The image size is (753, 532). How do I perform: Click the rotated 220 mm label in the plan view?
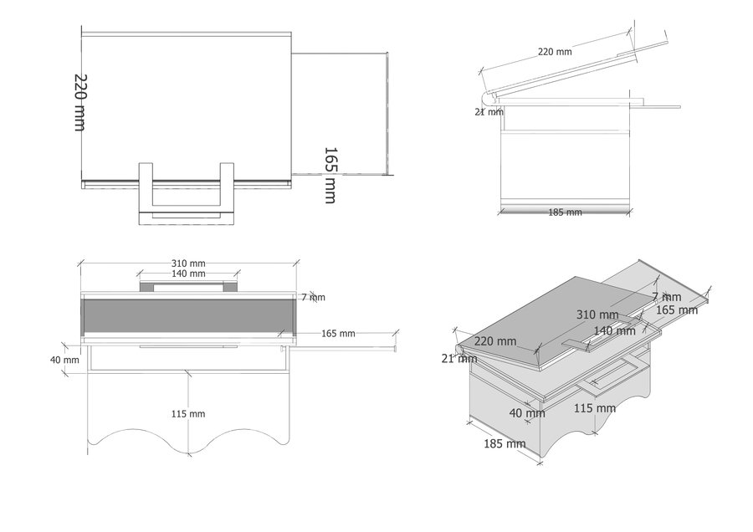80,102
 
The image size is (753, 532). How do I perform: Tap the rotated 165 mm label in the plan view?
330,176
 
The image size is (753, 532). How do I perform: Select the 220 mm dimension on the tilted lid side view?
555,51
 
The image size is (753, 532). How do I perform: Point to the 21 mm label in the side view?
489,112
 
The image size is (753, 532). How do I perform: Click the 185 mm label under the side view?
566,212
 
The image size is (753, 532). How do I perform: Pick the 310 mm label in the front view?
188,263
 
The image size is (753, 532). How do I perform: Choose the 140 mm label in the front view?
188,274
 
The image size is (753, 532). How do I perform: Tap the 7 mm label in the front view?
313,297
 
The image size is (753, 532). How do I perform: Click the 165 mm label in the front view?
338,333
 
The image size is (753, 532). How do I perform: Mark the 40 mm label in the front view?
64,359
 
